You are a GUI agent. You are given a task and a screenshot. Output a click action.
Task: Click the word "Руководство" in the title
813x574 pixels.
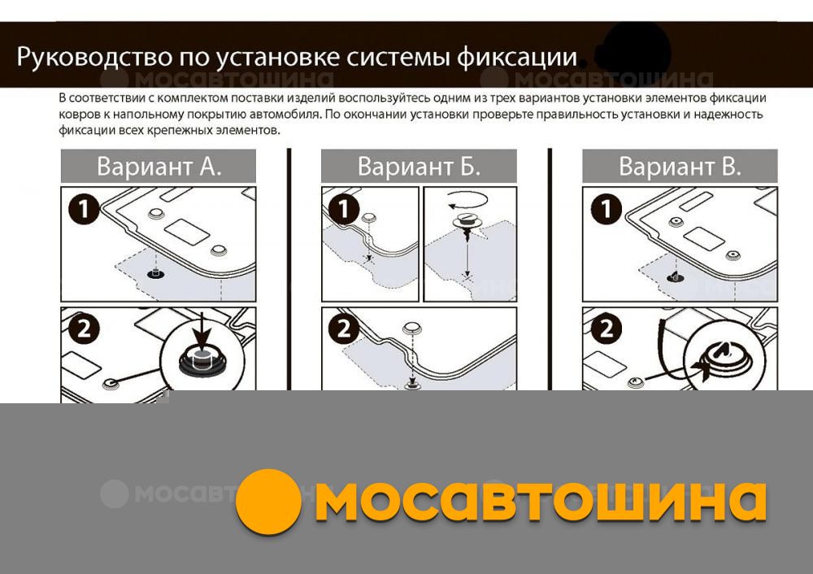[95, 57]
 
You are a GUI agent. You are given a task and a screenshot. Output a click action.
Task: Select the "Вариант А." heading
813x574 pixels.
[159, 167]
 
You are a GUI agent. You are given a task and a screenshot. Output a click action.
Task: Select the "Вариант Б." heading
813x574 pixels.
[419, 167]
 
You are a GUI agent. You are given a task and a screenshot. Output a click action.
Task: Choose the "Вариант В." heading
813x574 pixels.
[680, 167]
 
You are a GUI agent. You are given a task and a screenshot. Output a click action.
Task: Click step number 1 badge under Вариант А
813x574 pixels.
[84, 209]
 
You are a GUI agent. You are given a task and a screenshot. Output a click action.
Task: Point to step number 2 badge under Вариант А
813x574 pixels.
[84, 328]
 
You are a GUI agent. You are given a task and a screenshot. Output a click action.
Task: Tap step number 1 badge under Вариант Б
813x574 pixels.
[344, 209]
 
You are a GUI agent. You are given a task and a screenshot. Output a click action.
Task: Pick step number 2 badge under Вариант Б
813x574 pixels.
[344, 328]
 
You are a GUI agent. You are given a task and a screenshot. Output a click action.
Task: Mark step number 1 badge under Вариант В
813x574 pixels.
[606, 209]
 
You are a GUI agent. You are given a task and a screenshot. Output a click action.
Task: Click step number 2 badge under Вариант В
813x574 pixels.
[606, 328]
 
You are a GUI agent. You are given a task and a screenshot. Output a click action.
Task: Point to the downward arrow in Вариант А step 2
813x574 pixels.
[202, 328]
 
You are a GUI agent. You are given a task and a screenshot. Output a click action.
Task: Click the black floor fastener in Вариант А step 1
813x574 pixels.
[155, 273]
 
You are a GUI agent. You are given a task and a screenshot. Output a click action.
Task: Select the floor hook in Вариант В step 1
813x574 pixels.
[675, 277]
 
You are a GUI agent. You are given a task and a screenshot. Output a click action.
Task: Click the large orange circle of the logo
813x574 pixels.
[268, 502]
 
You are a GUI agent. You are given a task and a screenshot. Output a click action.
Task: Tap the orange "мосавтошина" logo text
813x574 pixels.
[541, 501]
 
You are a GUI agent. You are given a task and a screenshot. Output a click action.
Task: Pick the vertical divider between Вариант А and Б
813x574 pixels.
[289, 270]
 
